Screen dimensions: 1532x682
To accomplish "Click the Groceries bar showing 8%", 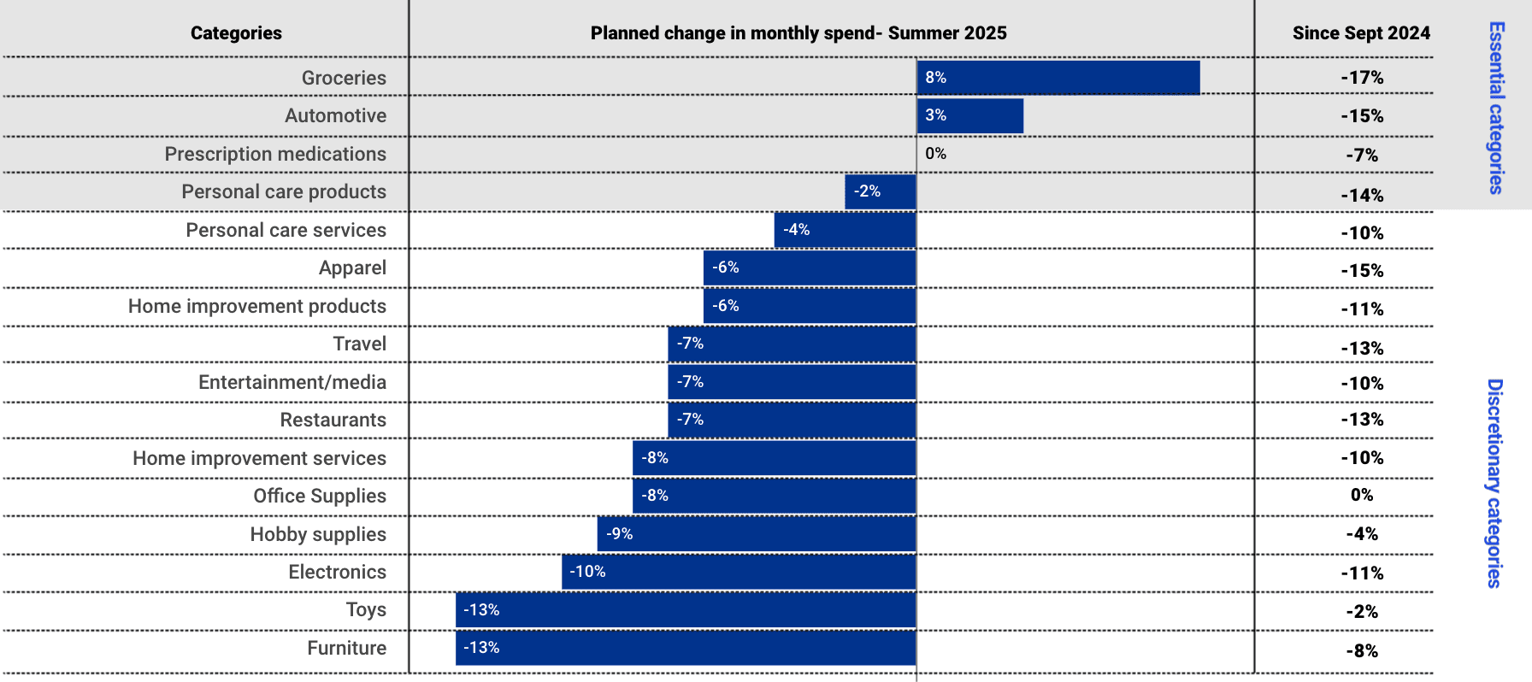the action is (x=1058, y=78).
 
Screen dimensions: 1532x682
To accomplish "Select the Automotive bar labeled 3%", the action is (x=970, y=115).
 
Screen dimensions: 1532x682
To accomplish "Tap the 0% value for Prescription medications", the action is (x=935, y=154).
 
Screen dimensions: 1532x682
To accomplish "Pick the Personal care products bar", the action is (x=881, y=191).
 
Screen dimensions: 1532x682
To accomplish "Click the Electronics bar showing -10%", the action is (x=739, y=572).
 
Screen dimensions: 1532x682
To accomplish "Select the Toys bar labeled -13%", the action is (x=686, y=610).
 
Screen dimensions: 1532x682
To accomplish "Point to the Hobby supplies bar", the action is (x=757, y=534).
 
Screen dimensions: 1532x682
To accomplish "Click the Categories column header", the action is (x=236, y=33).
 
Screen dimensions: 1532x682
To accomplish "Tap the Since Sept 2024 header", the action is (x=1361, y=33).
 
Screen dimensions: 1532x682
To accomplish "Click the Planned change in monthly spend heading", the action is (x=798, y=33).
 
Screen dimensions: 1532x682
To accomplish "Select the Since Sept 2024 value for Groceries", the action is (x=1362, y=78).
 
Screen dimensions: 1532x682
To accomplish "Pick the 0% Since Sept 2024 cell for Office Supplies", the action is (x=1362, y=495).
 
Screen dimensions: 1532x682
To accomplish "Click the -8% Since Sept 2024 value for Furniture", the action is (x=1362, y=651).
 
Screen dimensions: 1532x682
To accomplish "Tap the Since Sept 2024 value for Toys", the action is (x=1362, y=612).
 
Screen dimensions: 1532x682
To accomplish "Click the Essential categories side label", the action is (x=1496, y=108).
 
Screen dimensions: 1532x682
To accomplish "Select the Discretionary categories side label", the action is (x=1494, y=483).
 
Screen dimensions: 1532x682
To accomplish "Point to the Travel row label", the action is (x=360, y=344).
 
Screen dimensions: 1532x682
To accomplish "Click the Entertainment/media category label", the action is (x=292, y=382).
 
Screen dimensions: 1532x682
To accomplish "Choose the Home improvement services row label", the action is (x=260, y=458).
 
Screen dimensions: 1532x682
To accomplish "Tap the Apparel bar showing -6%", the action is (x=810, y=268).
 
